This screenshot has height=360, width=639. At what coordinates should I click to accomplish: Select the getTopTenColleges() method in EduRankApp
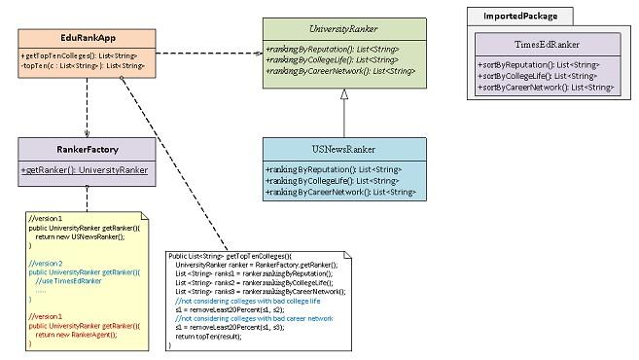pyautogui.click(x=79, y=56)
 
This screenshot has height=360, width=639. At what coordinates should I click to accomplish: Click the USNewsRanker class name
pyautogui.click(x=342, y=149)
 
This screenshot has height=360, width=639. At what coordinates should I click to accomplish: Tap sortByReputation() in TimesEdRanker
pyautogui.click(x=538, y=64)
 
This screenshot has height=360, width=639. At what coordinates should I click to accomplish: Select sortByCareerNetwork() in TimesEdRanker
pyautogui.click(x=546, y=87)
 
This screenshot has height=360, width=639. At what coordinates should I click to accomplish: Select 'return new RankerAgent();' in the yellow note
pyautogui.click(x=82, y=334)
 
